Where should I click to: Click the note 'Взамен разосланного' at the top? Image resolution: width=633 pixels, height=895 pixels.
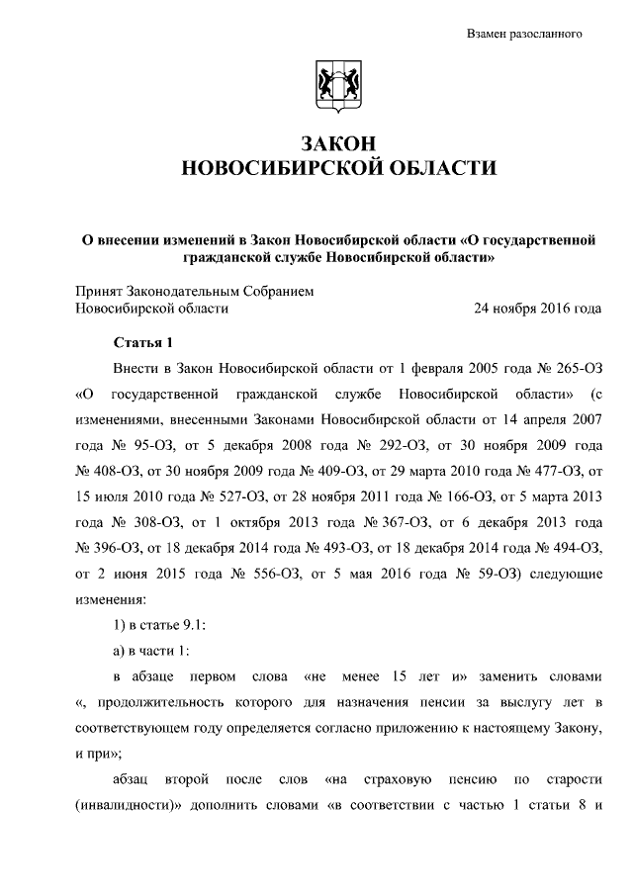coord(523,34)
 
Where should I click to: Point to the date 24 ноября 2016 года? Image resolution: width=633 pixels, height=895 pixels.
coord(538,308)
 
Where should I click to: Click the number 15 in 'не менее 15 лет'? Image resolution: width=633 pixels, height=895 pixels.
coord(420,677)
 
